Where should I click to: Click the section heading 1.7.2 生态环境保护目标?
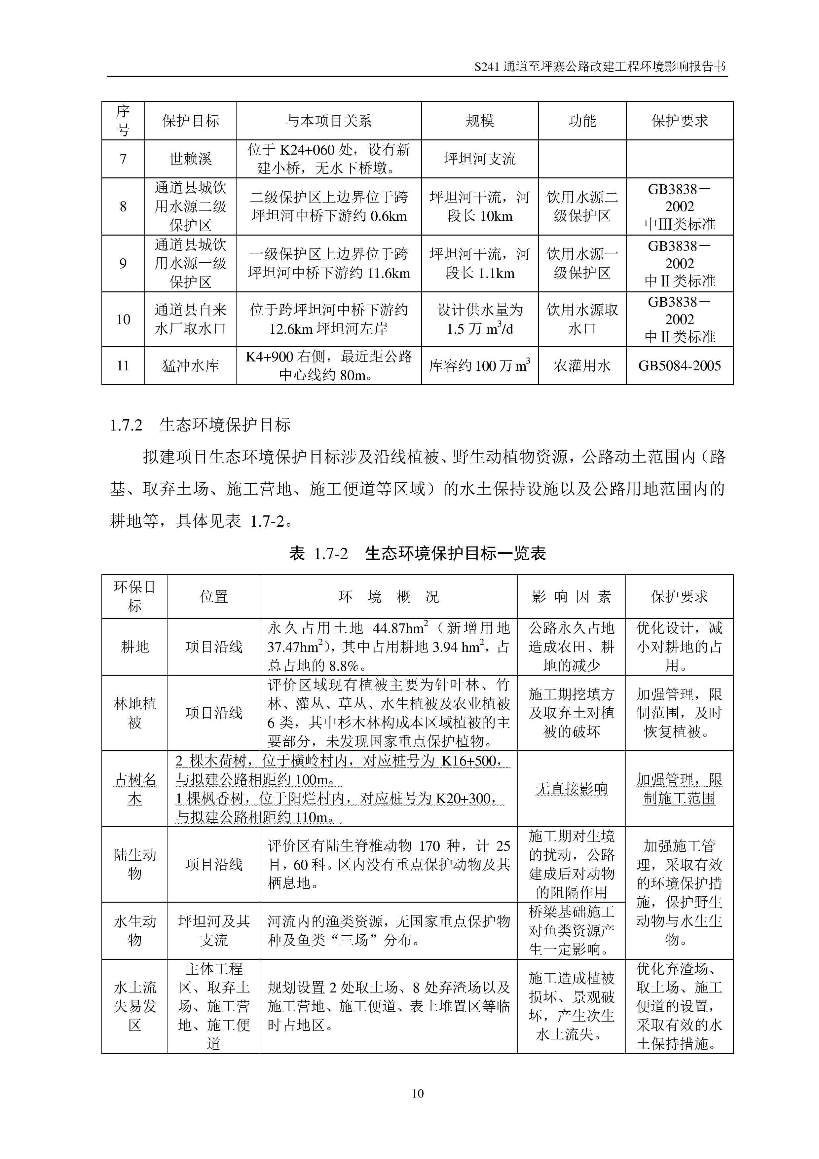(x=200, y=425)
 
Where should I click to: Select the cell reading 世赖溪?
(x=190, y=159)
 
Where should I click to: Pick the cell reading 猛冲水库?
(x=190, y=366)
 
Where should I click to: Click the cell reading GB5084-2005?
(x=679, y=366)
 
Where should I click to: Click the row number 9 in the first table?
(x=123, y=264)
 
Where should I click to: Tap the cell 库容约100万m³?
(x=479, y=366)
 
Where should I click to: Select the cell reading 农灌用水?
(x=582, y=366)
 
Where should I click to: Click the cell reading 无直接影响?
(x=571, y=789)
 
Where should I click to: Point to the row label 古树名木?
(x=135, y=789)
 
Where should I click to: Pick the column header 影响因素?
(x=571, y=597)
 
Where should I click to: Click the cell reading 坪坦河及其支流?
(x=214, y=930)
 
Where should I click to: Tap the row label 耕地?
(x=135, y=647)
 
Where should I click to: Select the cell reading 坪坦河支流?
(x=479, y=159)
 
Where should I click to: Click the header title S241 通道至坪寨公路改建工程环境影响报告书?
(x=600, y=67)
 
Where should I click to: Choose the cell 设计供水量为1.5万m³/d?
(x=479, y=319)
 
